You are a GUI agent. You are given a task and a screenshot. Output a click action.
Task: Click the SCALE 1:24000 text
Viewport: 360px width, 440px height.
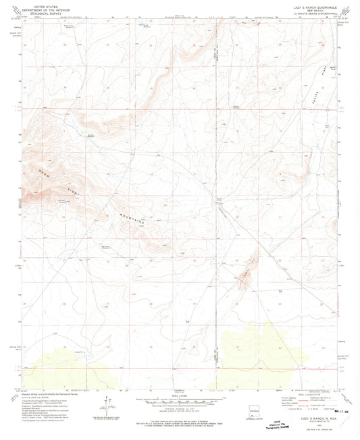click(x=180, y=395)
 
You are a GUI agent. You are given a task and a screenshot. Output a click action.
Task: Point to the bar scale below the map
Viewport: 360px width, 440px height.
click(x=180, y=401)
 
